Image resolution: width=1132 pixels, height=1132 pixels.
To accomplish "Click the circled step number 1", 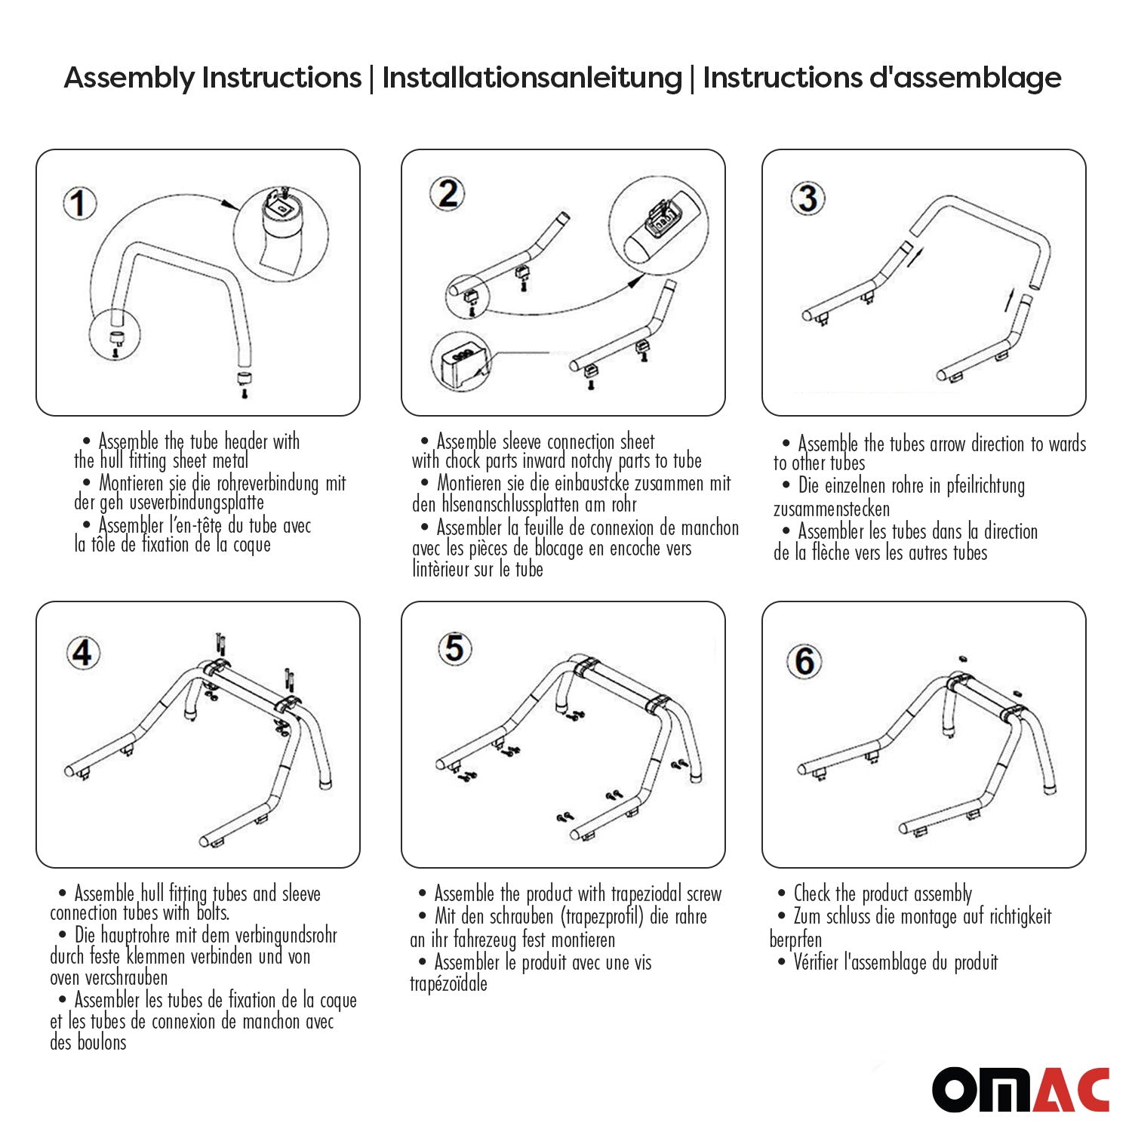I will [79, 204].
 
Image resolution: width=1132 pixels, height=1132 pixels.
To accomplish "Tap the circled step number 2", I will [448, 194].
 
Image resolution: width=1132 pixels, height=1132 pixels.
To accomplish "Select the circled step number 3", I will [807, 198].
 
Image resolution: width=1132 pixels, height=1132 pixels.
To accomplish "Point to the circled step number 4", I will [82, 653].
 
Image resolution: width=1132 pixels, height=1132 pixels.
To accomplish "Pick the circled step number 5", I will [454, 648].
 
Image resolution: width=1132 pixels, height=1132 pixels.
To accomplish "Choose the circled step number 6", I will [804, 662].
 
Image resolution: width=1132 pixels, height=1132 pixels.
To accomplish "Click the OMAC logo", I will [1020, 1089].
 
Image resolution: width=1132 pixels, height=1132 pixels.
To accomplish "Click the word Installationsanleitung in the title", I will [532, 78].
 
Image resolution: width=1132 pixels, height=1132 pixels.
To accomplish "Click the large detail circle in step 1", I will [281, 232].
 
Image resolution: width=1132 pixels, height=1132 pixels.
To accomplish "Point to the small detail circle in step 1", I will [115, 337].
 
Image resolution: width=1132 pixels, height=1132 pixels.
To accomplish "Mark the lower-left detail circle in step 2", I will [461, 362].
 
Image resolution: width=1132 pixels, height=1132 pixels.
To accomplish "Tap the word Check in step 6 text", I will [811, 894].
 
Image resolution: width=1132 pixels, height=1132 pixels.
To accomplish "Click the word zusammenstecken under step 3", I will [831, 509].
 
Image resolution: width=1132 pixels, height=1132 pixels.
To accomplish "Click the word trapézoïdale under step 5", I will [448, 983].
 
